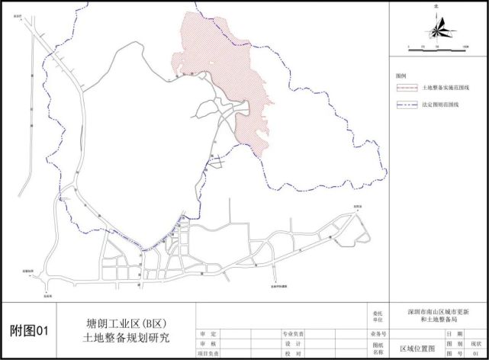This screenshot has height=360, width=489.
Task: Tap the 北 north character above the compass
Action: pyautogui.click(x=436, y=6)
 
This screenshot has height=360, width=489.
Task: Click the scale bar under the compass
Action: pyautogui.click(x=437, y=47)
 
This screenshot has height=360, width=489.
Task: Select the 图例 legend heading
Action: pyautogui.click(x=401, y=77)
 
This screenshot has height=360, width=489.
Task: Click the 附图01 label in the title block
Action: pyautogui.click(x=29, y=331)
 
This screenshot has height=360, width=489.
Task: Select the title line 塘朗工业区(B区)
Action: pyautogui.click(x=129, y=324)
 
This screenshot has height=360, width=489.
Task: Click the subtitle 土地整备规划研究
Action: pyautogui.click(x=129, y=337)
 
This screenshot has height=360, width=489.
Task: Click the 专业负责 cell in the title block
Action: pyautogui.click(x=293, y=334)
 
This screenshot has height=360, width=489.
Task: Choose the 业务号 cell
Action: pyautogui.click(x=378, y=334)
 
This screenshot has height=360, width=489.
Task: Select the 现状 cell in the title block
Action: pyautogui.click(x=472, y=344)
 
